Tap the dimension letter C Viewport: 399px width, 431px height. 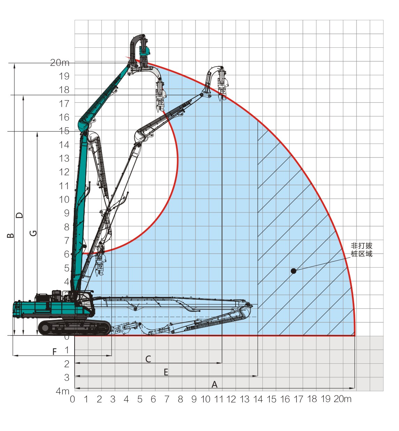point(148,359)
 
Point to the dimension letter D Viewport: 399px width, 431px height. point(19,215)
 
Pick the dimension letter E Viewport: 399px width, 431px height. point(166,372)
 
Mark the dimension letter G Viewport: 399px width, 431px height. point(33,233)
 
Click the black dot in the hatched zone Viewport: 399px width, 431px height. point(293,271)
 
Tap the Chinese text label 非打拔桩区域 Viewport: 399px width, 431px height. point(361,250)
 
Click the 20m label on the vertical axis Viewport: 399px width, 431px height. point(60,63)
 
